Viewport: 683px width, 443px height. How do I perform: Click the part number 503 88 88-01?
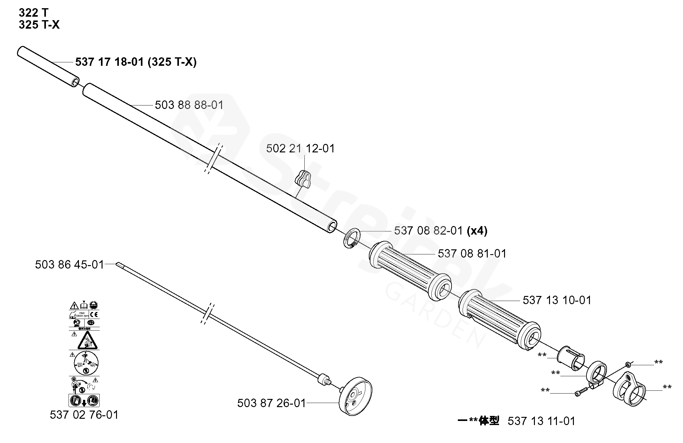pos(189,105)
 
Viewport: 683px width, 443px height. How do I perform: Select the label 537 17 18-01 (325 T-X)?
pos(136,62)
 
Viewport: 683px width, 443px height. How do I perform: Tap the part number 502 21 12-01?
pos(300,148)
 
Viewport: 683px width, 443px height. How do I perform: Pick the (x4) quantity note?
pos(477,231)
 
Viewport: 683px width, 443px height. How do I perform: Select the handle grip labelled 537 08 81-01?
pos(410,271)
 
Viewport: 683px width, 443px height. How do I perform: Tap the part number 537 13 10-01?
pos(557,300)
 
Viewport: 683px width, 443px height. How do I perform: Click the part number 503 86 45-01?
pos(69,264)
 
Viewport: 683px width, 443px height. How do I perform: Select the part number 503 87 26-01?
pos(271,403)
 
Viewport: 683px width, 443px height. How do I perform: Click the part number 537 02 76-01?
pos(84,415)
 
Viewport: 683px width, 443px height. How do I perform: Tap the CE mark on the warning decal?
pos(94,314)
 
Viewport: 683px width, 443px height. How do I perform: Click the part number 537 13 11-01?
pos(541,421)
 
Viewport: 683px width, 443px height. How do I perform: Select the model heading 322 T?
pos(34,13)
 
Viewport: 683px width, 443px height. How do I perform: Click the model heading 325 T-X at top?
pos(39,25)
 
